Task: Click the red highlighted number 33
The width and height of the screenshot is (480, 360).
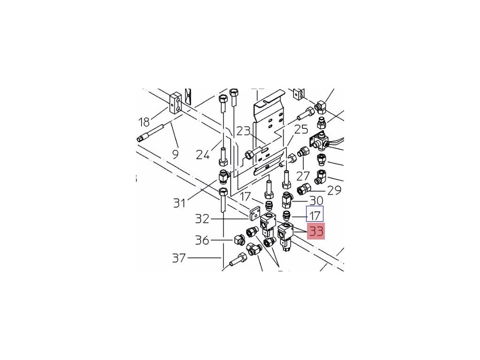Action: click(x=315, y=231)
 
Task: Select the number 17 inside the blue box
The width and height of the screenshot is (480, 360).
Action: click(x=315, y=216)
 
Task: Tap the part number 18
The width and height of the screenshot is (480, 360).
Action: click(x=144, y=122)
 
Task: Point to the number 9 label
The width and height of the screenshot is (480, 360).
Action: click(x=175, y=153)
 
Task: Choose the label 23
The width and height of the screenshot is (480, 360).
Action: click(x=243, y=131)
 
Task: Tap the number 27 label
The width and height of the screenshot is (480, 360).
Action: click(x=303, y=176)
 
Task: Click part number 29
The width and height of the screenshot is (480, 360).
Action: click(x=334, y=190)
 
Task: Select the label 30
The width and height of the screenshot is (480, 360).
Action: click(x=316, y=201)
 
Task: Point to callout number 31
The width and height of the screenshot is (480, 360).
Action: click(x=180, y=203)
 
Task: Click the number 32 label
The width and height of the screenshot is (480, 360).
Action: click(x=202, y=218)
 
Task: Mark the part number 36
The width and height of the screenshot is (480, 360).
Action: click(x=202, y=240)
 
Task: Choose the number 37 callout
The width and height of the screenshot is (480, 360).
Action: click(x=179, y=258)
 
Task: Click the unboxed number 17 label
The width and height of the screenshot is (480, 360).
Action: click(x=245, y=197)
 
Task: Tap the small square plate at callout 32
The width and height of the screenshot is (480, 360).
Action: click(x=255, y=214)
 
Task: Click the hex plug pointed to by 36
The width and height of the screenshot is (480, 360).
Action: click(x=239, y=240)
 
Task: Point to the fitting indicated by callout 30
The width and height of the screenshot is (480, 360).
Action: click(x=287, y=201)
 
